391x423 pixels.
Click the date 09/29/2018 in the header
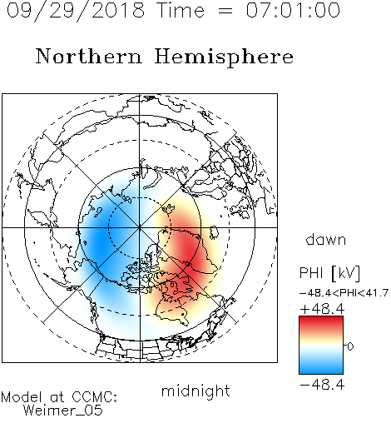tap(76, 11)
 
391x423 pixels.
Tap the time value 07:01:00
tap(293, 10)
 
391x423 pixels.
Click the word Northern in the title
tap(89, 56)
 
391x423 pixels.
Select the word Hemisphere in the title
tap(224, 57)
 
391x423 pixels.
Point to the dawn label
tap(326, 240)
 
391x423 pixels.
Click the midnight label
tap(195, 391)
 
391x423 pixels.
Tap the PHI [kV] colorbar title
tap(329, 273)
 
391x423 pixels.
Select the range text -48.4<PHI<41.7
tap(344, 293)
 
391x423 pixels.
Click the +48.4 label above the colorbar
tap(322, 309)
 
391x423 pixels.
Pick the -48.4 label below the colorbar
tap(322, 385)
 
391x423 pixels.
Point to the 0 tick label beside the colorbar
tap(350, 346)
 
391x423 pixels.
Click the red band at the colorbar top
tap(321, 321)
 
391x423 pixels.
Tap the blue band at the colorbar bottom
tap(321, 369)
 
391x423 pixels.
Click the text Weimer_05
tap(63, 411)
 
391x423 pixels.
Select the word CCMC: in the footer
tap(95, 397)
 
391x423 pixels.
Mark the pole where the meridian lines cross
tap(140, 227)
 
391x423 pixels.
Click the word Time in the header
tap(181, 10)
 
